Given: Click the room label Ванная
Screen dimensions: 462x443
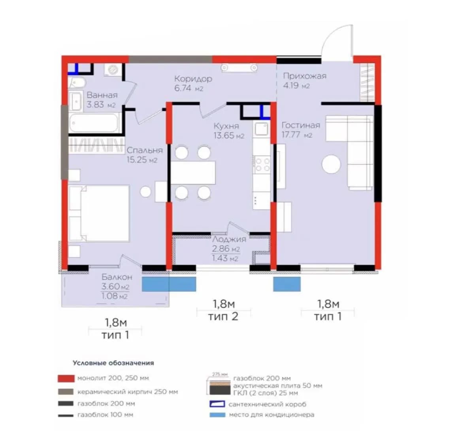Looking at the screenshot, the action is pyautogui.click(x=102, y=95).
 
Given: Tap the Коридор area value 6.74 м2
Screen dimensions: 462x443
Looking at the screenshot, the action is pyautogui.click(x=189, y=88).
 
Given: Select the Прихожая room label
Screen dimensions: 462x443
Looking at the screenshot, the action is pyautogui.click(x=305, y=76).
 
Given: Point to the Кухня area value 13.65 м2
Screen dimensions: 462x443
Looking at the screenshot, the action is pyautogui.click(x=229, y=136).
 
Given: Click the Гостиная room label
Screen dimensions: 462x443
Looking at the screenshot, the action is pyautogui.click(x=301, y=125).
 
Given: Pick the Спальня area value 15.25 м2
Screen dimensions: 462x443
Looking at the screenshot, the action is pyautogui.click(x=142, y=160).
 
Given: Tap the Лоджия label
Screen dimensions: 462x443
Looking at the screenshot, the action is pyautogui.click(x=229, y=239).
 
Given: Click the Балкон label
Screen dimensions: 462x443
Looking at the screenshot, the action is pyautogui.click(x=117, y=277).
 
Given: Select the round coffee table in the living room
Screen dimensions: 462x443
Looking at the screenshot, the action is pyautogui.click(x=331, y=164).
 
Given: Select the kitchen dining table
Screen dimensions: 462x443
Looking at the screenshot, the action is pyautogui.click(x=193, y=173).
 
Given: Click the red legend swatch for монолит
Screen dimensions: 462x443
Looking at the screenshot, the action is pyautogui.click(x=66, y=378).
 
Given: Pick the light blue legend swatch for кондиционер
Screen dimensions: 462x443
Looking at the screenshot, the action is pyautogui.click(x=217, y=415).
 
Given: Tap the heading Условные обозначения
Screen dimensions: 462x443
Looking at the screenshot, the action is pyautogui.click(x=113, y=363).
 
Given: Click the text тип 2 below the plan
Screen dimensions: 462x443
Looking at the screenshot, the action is pyautogui.click(x=223, y=317).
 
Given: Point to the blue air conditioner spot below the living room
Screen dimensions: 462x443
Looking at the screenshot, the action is pyautogui.click(x=287, y=284).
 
